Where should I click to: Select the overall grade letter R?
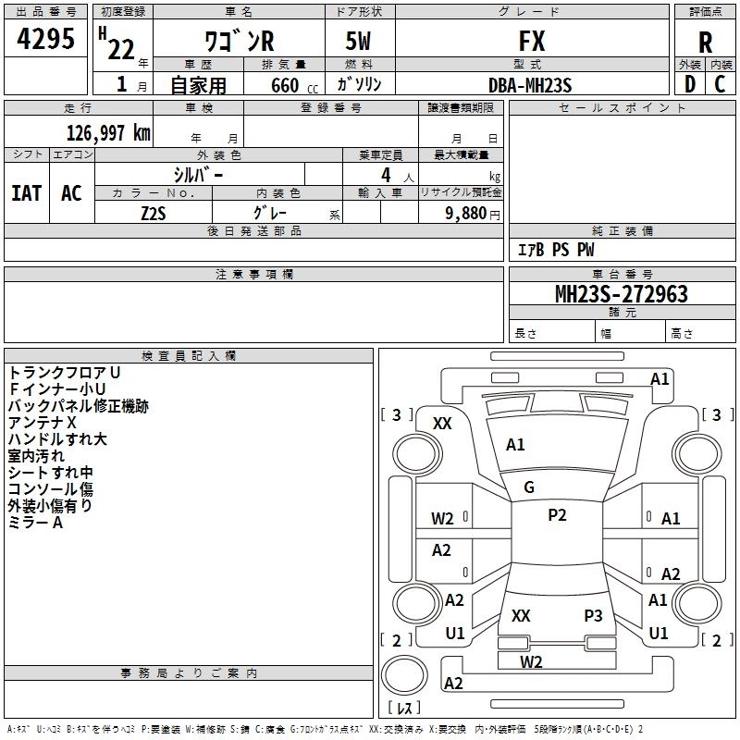[x=705, y=42]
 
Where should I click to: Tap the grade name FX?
[x=532, y=42]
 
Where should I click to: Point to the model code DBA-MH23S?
[x=530, y=84]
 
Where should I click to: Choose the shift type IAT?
[x=26, y=192]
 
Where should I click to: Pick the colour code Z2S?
[x=154, y=212]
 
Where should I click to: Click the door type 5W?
[x=360, y=42]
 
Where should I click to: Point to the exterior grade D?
[x=690, y=84]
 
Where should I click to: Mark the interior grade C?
[x=720, y=84]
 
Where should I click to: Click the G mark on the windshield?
[x=529, y=487]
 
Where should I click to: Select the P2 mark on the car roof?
[x=557, y=515]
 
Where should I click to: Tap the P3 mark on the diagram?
[x=593, y=615]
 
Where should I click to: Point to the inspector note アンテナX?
[x=43, y=423]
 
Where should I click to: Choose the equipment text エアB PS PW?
[x=556, y=250]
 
